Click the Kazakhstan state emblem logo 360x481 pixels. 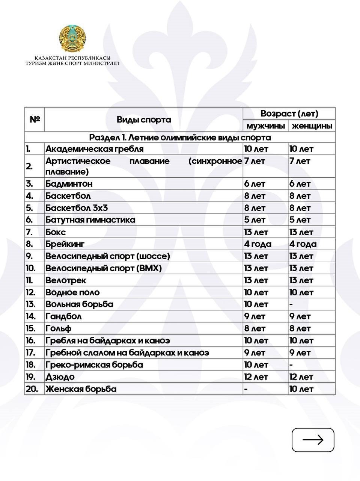point(72,39)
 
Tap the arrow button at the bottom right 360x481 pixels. point(313,440)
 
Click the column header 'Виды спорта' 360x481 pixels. point(143,120)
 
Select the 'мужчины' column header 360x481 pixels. point(265,126)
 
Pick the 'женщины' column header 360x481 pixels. point(312,126)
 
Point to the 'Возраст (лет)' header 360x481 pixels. point(289,113)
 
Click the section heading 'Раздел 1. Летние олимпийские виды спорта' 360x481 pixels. point(180,137)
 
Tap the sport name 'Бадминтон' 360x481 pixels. point(69,184)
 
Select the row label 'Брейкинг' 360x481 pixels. point(65,244)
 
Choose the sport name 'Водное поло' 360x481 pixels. point(72,292)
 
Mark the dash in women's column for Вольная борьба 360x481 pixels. point(291,304)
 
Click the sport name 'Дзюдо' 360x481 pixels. point(60,377)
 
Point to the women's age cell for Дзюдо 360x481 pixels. point(301,377)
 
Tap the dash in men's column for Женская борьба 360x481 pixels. point(246,389)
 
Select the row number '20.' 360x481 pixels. point(32,389)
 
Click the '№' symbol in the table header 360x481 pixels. point(35,119)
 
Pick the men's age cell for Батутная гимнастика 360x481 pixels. point(255,220)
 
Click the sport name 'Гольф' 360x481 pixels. point(58,328)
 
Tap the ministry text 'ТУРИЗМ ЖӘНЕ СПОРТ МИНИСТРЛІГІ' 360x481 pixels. point(72,64)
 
